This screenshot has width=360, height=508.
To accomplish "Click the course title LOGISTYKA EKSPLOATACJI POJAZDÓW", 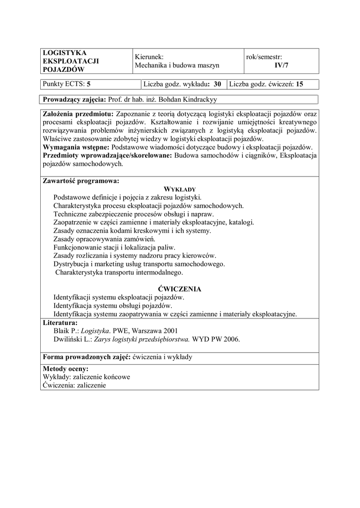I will [x=71, y=61].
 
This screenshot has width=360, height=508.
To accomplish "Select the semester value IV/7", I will [x=281, y=65].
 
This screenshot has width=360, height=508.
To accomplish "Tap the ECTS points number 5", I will [x=89, y=84].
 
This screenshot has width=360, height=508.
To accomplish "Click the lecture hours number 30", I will [x=217, y=84].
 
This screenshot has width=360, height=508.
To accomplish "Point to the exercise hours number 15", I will [x=299, y=84].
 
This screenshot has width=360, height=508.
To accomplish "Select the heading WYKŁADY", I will [x=180, y=189].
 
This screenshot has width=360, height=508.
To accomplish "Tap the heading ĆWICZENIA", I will [x=180, y=289].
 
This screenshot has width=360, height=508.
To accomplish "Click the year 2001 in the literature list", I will [x=169, y=331].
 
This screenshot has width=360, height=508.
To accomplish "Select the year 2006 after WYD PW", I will [x=231, y=340].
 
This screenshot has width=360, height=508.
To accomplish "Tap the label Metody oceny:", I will [x=66, y=369].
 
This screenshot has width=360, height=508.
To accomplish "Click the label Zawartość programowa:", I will [x=81, y=181].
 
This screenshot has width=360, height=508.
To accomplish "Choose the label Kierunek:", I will [x=149, y=57].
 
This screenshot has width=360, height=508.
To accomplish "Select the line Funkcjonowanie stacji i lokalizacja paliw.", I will [x=115, y=248].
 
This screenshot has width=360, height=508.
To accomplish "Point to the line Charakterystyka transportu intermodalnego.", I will [x=119, y=272].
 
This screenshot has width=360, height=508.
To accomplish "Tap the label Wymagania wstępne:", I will [x=77, y=147].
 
